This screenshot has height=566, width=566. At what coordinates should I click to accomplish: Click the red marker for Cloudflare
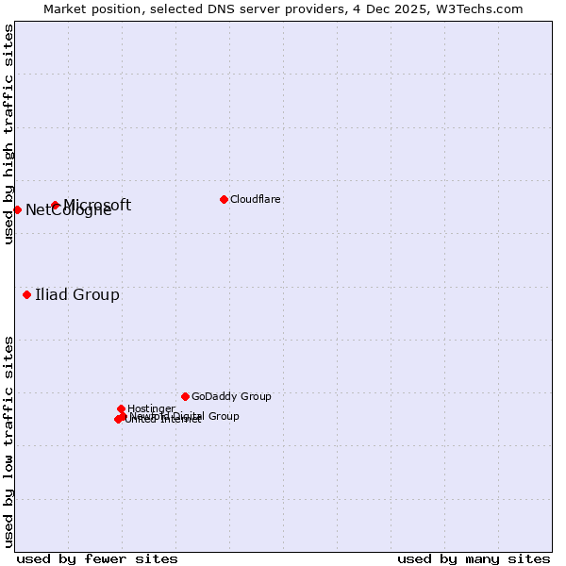click(x=224, y=199)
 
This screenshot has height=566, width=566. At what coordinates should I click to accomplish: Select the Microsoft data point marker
click(x=56, y=205)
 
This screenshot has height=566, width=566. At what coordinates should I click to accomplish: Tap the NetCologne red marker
click(x=17, y=209)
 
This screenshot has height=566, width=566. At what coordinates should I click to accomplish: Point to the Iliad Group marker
click(x=26, y=295)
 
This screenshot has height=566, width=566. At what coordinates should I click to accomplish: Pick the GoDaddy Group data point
click(x=185, y=396)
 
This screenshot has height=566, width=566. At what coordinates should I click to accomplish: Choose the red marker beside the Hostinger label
click(x=121, y=408)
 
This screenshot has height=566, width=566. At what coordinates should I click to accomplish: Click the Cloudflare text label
click(x=256, y=199)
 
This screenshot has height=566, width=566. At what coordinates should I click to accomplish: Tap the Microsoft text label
click(x=97, y=205)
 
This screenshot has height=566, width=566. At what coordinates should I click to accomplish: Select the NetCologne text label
click(x=68, y=210)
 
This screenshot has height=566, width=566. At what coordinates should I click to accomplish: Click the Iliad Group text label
click(x=77, y=295)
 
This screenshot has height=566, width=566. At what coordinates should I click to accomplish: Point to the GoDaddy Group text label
click(x=231, y=396)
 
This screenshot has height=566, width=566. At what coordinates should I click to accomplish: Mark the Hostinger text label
click(x=151, y=408)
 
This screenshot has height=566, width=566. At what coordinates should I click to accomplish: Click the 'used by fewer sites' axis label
click(x=97, y=558)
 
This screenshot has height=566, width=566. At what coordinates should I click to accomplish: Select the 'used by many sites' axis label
click(x=474, y=558)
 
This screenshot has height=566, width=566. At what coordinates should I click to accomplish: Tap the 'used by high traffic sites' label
click(x=8, y=134)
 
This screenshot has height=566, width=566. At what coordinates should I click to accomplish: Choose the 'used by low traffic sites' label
click(x=8, y=441)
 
